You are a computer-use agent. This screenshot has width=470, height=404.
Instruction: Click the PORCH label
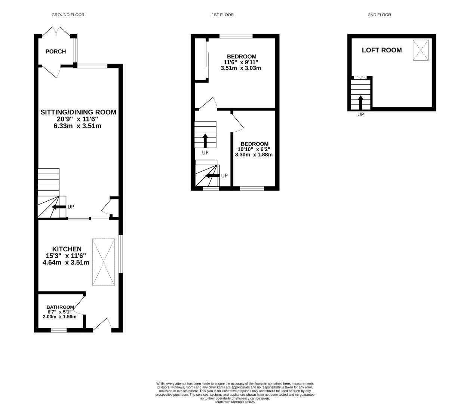(x=55, y=52)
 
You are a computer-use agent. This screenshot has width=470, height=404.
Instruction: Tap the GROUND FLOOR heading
(x=68, y=15)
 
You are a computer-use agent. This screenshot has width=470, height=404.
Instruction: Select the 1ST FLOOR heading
(x=222, y=15)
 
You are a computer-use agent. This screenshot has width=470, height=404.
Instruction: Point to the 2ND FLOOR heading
(x=379, y=15)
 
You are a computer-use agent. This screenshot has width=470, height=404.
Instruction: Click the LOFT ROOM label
(x=381, y=50)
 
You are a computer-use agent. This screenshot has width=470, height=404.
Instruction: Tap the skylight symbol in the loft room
(x=420, y=50)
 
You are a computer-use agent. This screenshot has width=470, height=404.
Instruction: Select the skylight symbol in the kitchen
(x=104, y=262)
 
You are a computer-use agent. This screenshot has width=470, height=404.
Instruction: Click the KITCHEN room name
(x=67, y=249)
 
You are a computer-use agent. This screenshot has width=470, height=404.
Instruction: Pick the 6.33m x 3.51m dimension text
(x=77, y=126)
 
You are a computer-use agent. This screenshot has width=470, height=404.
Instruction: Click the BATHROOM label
(x=60, y=307)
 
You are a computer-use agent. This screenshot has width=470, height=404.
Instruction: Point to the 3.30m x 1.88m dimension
(x=254, y=154)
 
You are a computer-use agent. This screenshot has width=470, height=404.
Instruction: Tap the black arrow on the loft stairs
(x=360, y=102)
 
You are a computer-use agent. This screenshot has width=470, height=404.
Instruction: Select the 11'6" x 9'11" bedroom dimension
(x=241, y=62)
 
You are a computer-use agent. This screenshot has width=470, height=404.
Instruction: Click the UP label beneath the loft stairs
(x=360, y=115)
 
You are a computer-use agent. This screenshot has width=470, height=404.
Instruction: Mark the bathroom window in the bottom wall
(x=59, y=330)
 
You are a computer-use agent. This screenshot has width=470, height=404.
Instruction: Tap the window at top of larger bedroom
(x=236, y=36)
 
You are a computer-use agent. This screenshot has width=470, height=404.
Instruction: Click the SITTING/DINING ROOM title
(x=78, y=112)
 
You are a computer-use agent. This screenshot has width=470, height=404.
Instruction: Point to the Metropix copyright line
(x=235, y=402)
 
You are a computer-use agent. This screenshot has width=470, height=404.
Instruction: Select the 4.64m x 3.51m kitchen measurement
(x=66, y=263)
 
